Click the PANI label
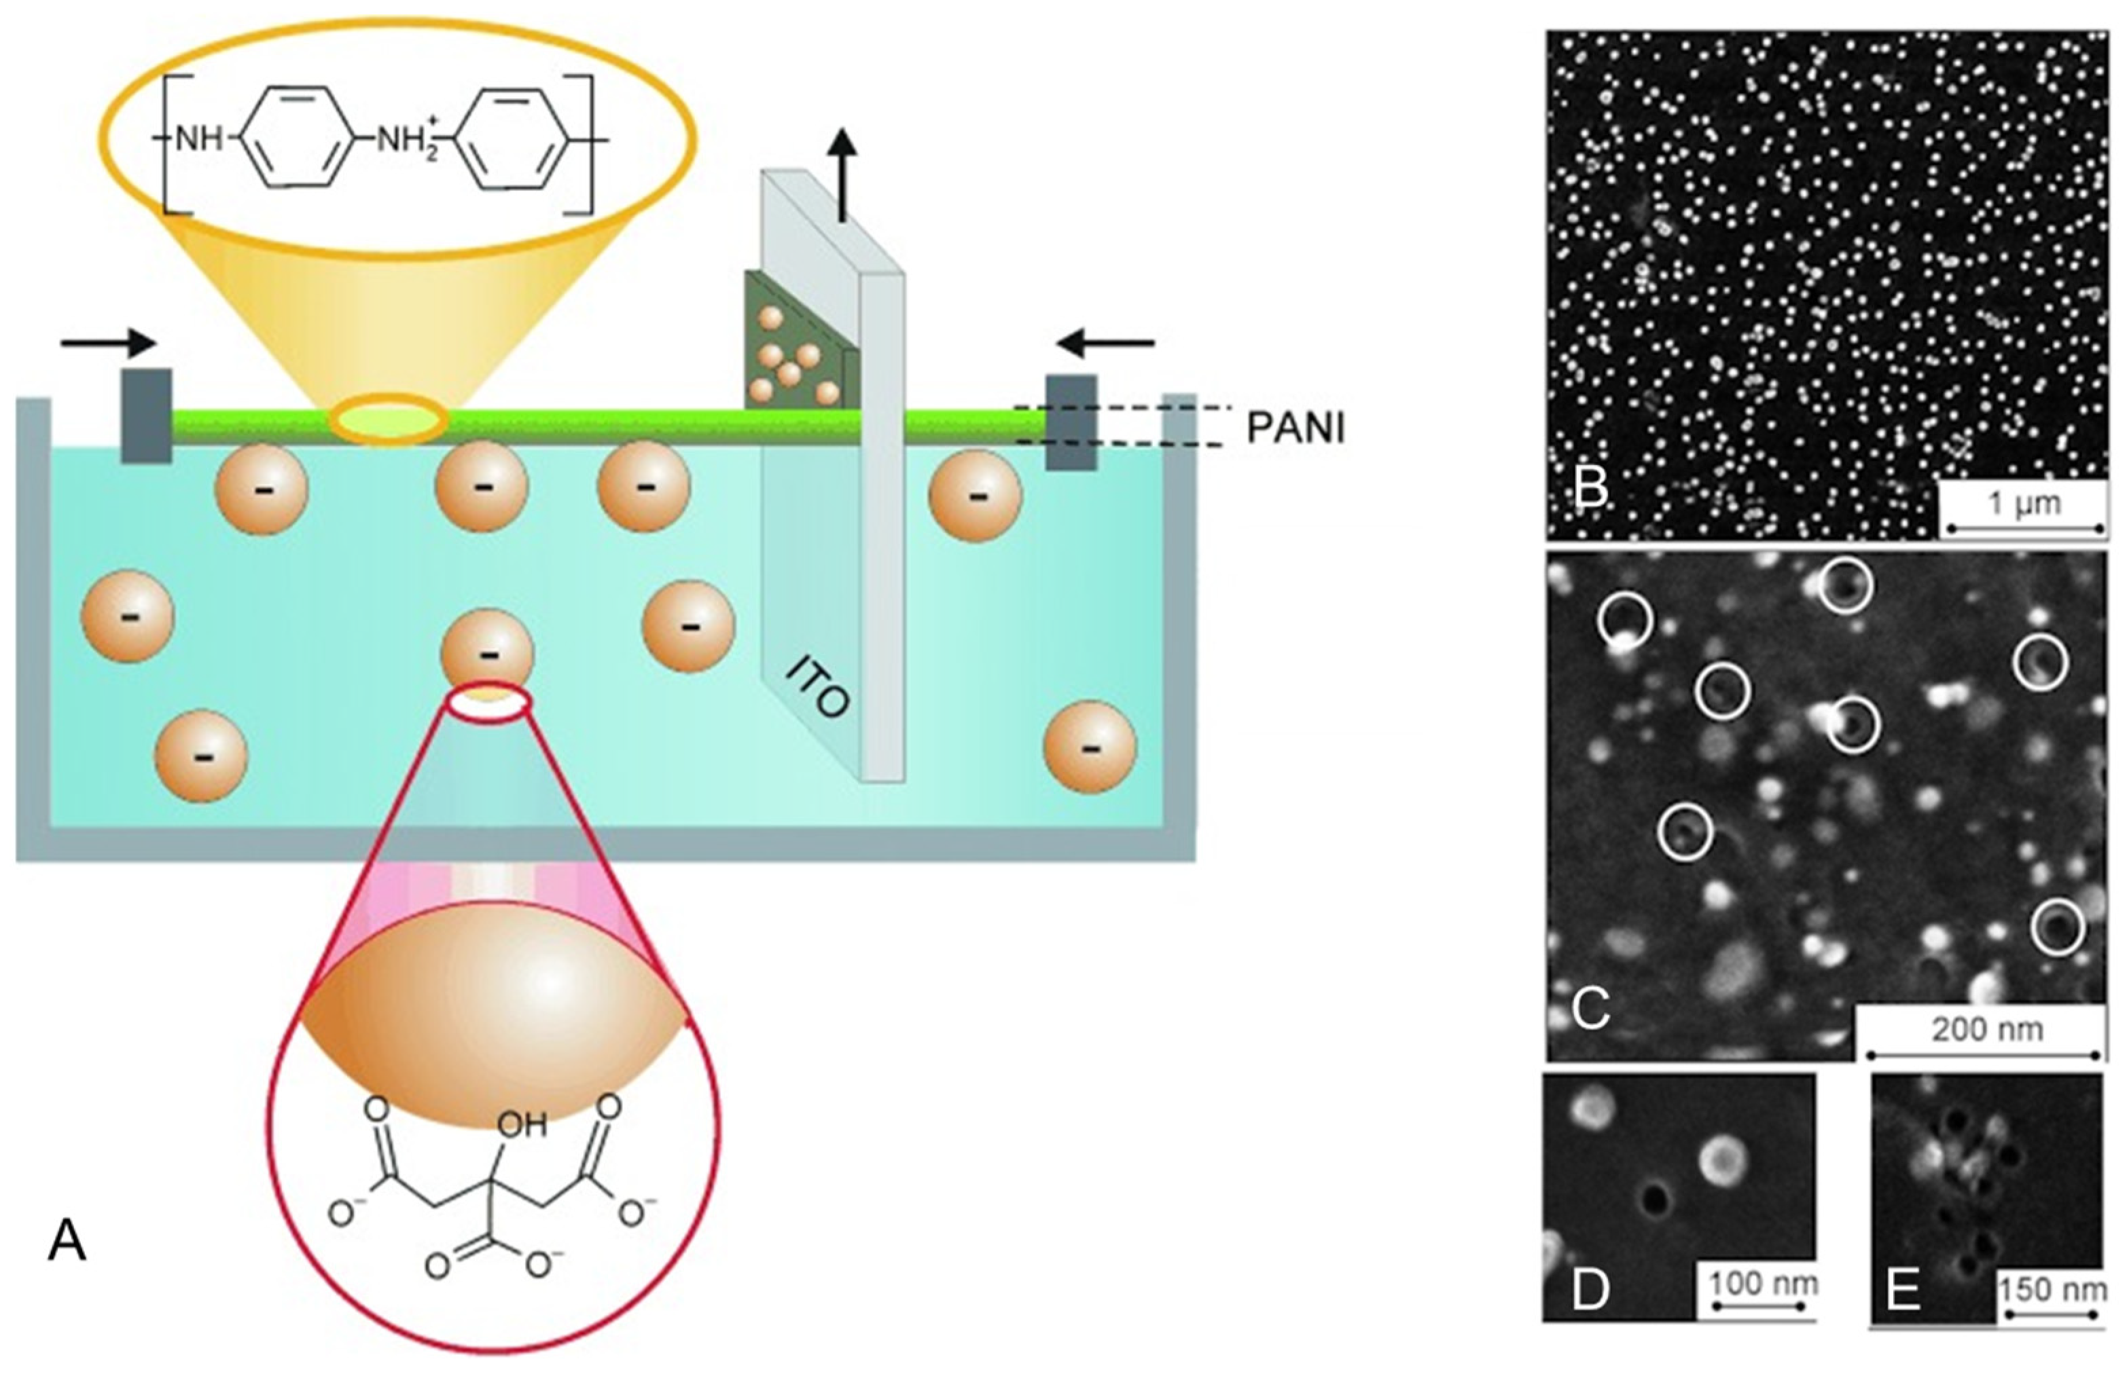pos(1293,429)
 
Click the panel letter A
pos(67,1241)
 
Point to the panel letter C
pos(1590,1009)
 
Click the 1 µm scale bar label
pos(2024,503)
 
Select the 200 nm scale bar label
pos(1987,1030)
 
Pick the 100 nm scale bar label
pos(1764,1284)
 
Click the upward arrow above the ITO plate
pos(842,174)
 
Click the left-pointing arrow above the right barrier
pos(1105,341)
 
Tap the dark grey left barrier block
pos(146,415)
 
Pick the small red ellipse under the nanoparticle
pos(489,703)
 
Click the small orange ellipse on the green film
pos(387,420)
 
